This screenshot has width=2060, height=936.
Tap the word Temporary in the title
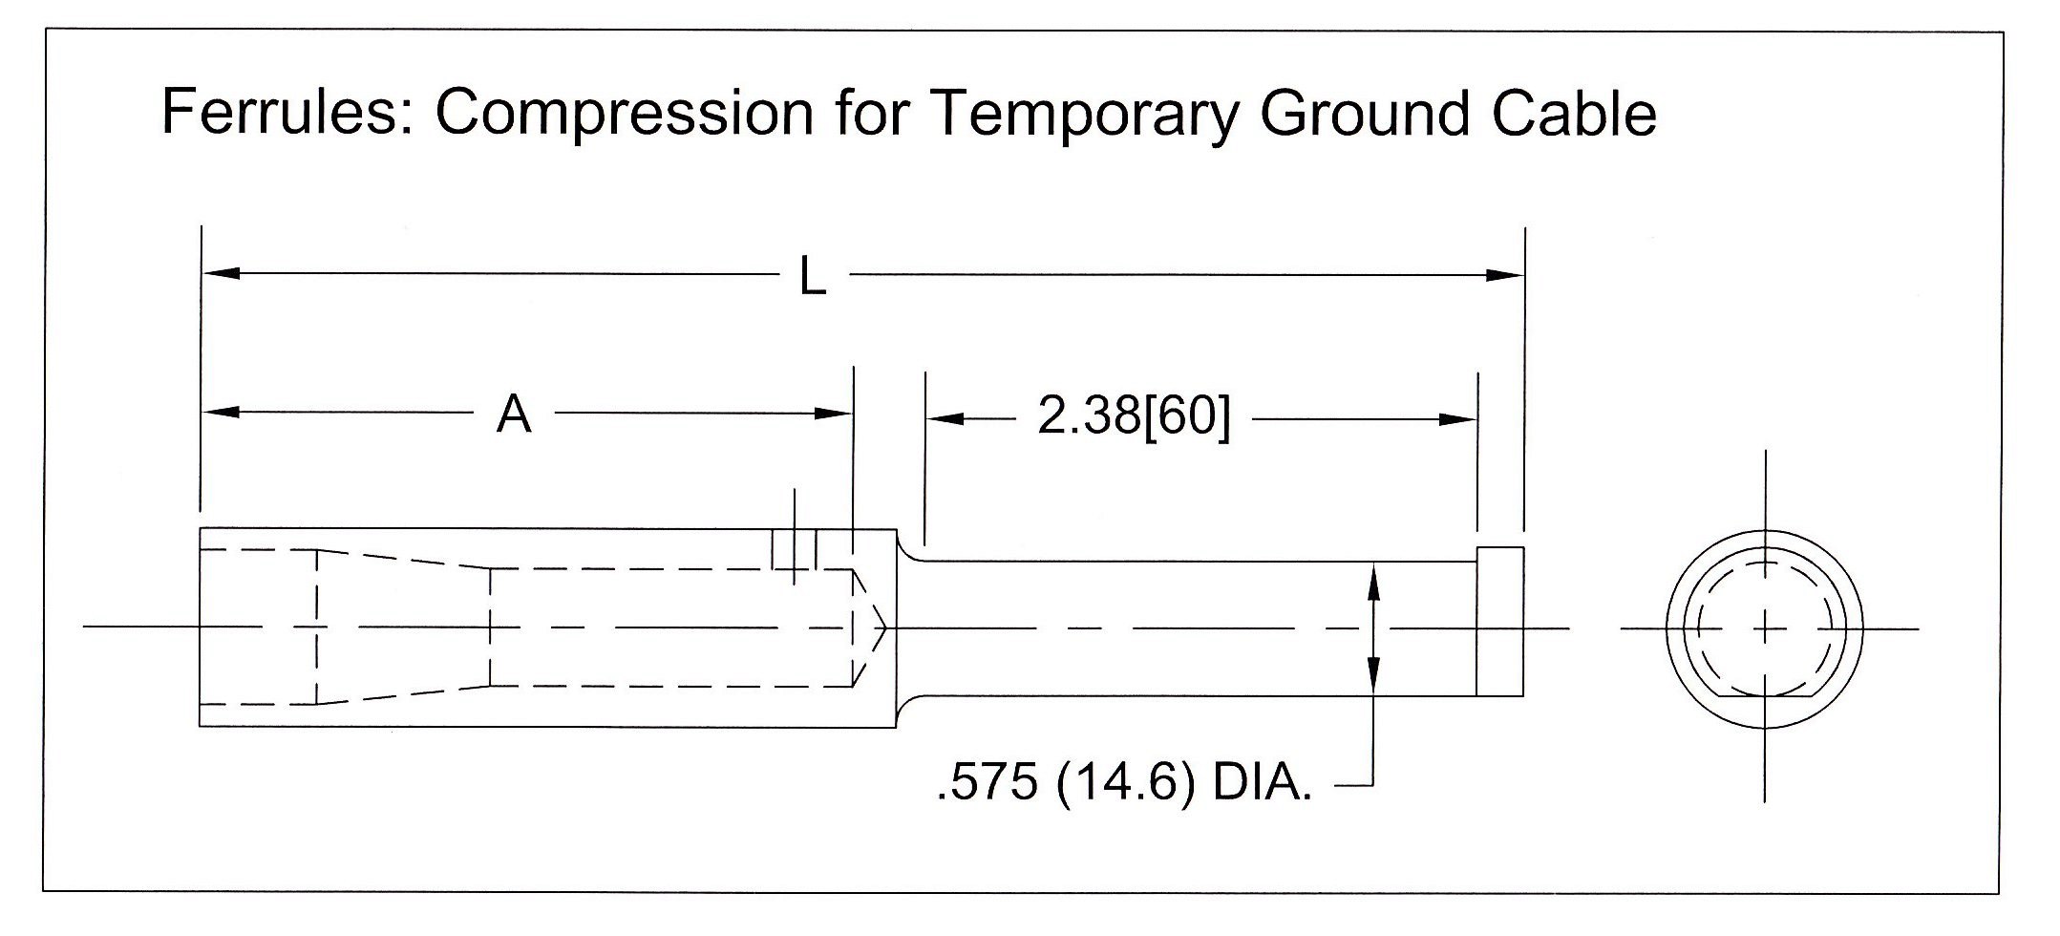1084,114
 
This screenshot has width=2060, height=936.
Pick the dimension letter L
813,278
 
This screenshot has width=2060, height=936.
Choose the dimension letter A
514,415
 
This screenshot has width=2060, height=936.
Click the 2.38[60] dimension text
1134,417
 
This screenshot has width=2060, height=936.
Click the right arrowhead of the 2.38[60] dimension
1457,419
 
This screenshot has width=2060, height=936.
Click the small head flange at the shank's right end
1499,622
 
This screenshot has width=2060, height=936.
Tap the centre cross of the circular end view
1765,628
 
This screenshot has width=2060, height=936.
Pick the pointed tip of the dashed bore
885,628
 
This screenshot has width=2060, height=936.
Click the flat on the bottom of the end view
1765,696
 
